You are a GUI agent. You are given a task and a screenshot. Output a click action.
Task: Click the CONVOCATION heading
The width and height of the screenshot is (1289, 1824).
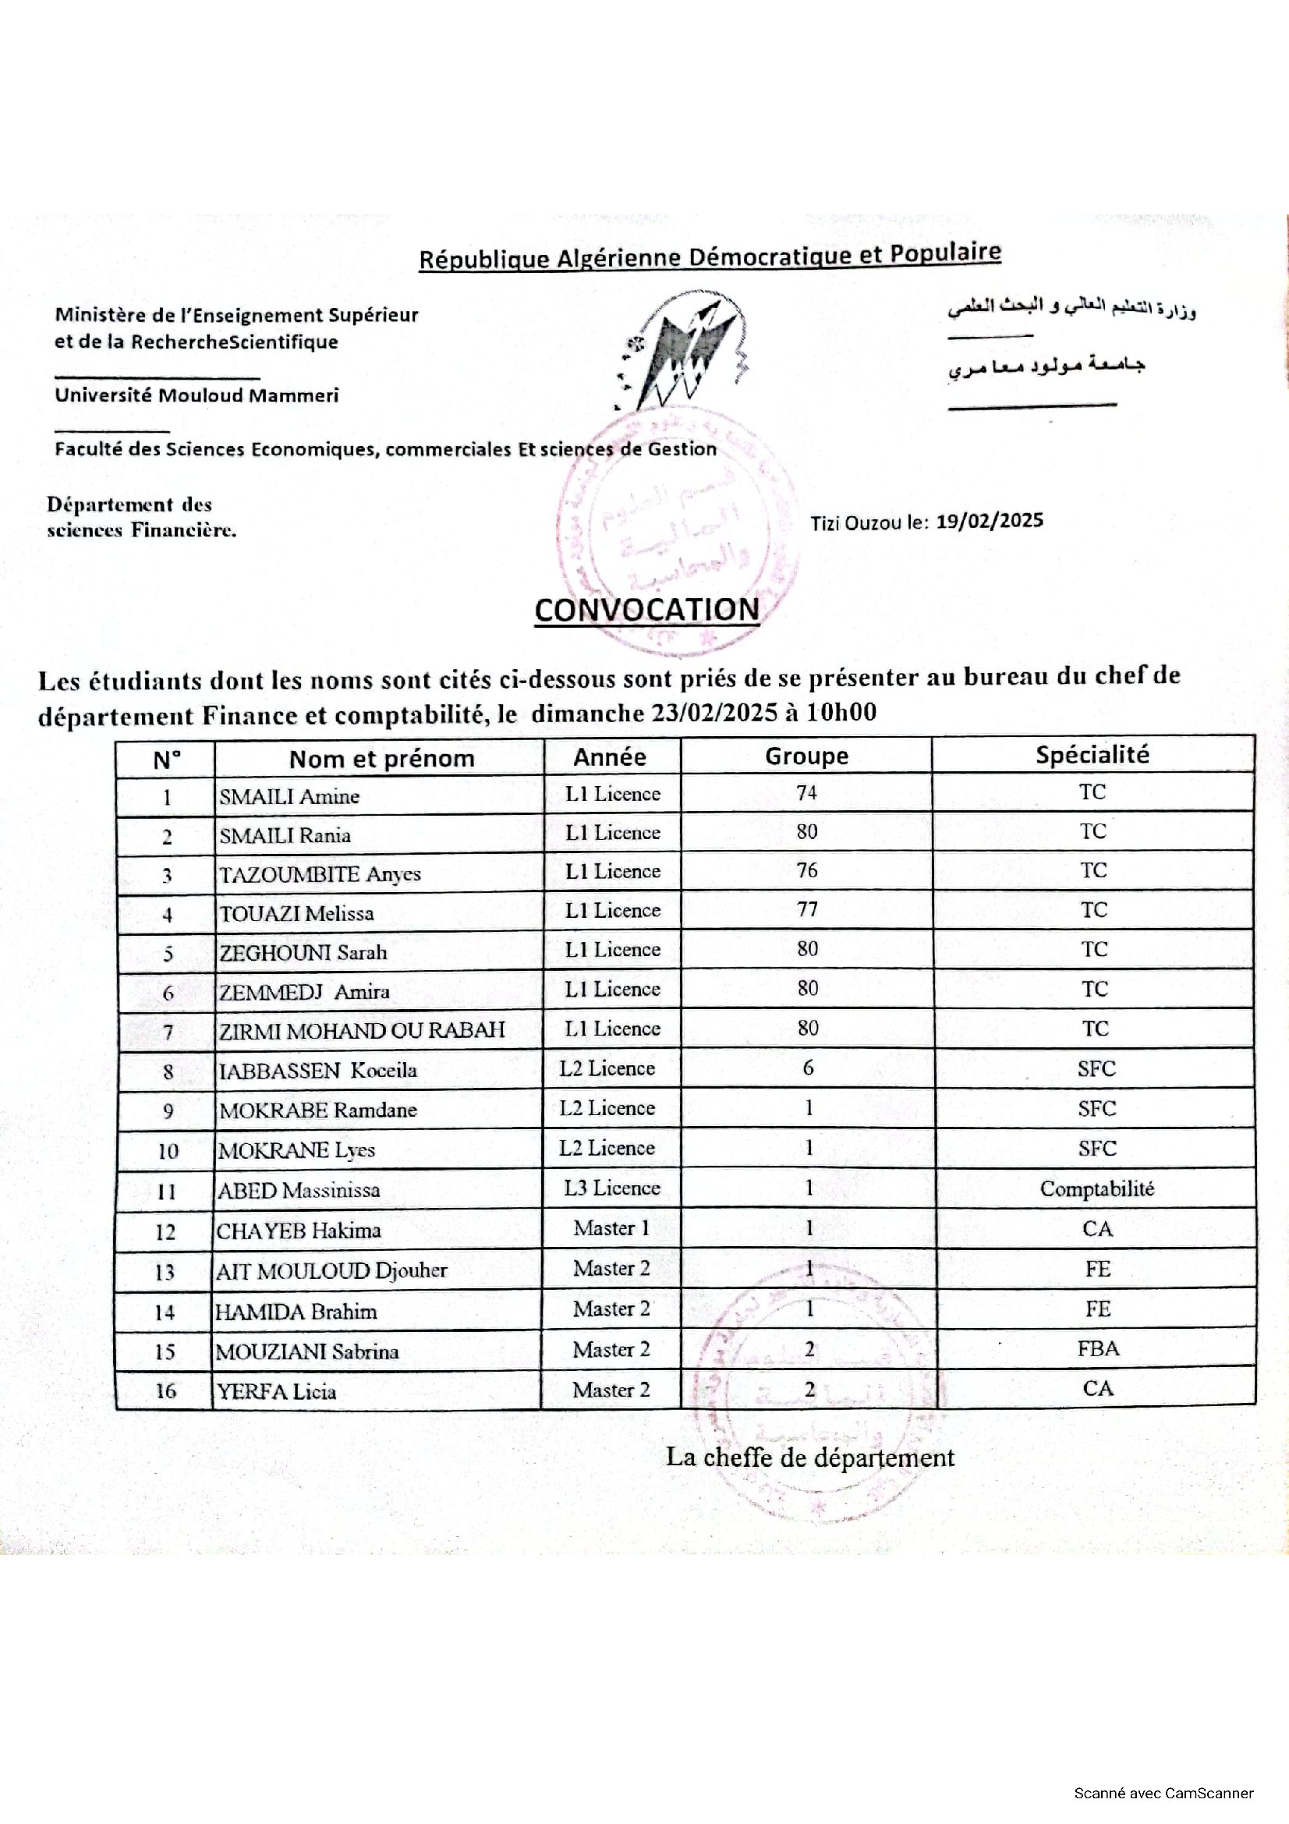point(646,610)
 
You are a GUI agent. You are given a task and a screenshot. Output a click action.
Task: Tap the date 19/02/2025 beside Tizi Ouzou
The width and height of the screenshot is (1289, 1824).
point(989,521)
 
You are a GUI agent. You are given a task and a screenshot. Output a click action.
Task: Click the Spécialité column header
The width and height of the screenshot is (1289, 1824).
point(1092,755)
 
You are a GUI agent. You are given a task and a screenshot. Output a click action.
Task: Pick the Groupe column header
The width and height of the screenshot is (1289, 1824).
point(806,756)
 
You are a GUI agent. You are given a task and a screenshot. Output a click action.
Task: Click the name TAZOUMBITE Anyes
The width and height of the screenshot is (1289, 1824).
point(319,874)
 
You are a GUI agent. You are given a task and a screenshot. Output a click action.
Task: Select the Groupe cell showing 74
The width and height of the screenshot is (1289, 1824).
point(806,793)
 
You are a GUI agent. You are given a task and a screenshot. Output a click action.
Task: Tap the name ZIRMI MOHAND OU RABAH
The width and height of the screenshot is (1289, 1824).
point(361,1030)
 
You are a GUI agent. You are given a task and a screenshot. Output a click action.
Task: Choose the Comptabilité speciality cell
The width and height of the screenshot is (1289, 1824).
point(1096,1188)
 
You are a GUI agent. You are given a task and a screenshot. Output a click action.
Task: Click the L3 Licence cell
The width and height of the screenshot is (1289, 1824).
point(611,1188)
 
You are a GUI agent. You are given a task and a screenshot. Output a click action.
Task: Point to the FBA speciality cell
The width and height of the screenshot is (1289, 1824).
point(1098,1348)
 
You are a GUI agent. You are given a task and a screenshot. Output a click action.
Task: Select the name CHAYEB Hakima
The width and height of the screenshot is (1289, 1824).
point(298,1231)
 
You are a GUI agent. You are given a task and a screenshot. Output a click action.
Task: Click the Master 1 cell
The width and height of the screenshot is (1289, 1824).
point(611,1228)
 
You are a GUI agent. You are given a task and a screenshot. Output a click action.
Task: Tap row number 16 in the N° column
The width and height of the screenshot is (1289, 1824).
point(165,1390)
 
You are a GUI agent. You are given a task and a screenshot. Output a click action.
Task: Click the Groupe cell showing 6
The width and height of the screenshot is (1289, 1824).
point(808,1068)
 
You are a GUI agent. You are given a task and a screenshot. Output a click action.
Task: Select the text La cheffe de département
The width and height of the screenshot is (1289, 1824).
point(809,1457)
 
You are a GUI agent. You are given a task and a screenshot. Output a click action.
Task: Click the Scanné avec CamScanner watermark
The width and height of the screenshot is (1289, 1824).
point(1163,1792)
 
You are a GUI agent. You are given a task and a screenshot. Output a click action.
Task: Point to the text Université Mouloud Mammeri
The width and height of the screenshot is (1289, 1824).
point(197,395)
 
